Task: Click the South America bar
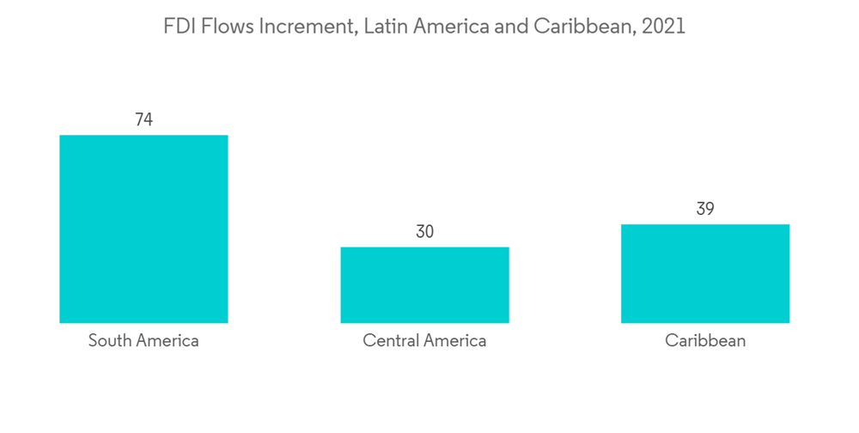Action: click(143, 229)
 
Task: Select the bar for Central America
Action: click(424, 284)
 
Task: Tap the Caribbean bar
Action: click(704, 273)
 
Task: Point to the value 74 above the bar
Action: click(143, 120)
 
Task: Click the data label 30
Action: click(424, 232)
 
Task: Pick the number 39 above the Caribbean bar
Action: click(705, 210)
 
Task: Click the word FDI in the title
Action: click(179, 27)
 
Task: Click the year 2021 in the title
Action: click(664, 27)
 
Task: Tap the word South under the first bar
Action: click(110, 340)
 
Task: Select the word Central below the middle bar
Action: click(391, 340)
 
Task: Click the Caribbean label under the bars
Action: click(705, 340)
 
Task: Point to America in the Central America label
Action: click(455, 340)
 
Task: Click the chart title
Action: click(424, 27)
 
